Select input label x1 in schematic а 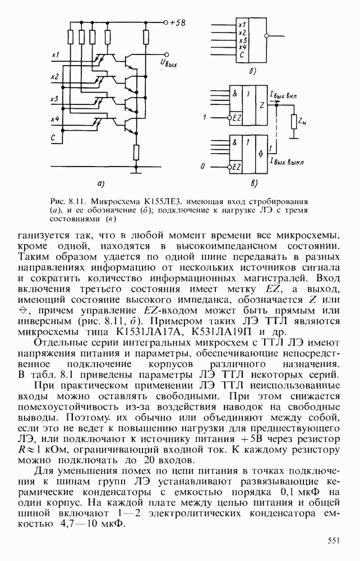(55, 55)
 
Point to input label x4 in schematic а (55, 119)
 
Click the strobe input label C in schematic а (54, 137)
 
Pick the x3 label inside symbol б (242, 40)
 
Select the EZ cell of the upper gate (236, 117)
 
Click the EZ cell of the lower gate (236, 167)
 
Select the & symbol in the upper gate (235, 92)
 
